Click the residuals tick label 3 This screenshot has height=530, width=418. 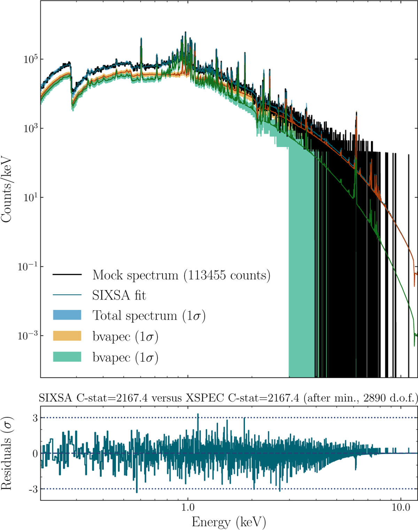click(x=35, y=418)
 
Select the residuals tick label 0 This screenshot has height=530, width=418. click(x=35, y=453)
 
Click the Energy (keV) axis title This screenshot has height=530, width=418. click(x=229, y=522)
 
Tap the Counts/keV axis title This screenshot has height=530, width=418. click(x=7, y=190)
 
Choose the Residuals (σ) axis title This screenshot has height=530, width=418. click(x=7, y=453)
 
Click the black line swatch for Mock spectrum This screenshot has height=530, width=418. click(x=67, y=275)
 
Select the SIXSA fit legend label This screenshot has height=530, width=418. click(x=119, y=295)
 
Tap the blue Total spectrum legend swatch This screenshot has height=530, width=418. click(x=67, y=315)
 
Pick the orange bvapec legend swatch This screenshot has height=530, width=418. click(x=67, y=336)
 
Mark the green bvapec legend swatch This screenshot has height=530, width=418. click(x=67, y=357)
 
